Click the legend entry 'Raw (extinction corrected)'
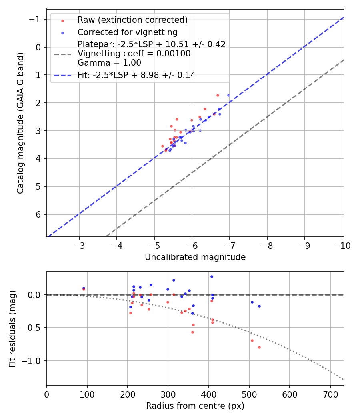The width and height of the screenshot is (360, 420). [x=132, y=20]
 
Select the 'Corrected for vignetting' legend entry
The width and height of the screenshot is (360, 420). [x=127, y=32]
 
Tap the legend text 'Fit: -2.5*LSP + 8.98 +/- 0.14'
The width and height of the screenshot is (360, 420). [x=136, y=75]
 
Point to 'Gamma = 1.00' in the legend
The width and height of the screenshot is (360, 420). [x=109, y=62]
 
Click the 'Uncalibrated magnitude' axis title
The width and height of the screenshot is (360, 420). [x=195, y=257]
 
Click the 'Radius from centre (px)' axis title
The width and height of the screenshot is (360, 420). [x=195, y=406]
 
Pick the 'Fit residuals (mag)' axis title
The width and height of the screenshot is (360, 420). [x=12, y=328]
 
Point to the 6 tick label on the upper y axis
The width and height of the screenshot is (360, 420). [x=39, y=214]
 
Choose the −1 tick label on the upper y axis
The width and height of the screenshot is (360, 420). [x=36, y=19]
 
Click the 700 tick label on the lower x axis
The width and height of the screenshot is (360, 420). [x=330, y=394]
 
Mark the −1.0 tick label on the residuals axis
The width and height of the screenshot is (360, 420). [x=33, y=361]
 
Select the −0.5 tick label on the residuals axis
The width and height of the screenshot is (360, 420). [x=33, y=328]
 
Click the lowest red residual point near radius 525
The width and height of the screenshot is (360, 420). [x=259, y=347]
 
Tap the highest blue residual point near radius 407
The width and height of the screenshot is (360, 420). [x=212, y=276]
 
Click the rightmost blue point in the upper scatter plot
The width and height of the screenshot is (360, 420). [x=228, y=95]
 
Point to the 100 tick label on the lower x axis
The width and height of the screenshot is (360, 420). [x=87, y=394]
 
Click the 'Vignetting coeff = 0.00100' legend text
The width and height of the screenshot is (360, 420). [x=134, y=54]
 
